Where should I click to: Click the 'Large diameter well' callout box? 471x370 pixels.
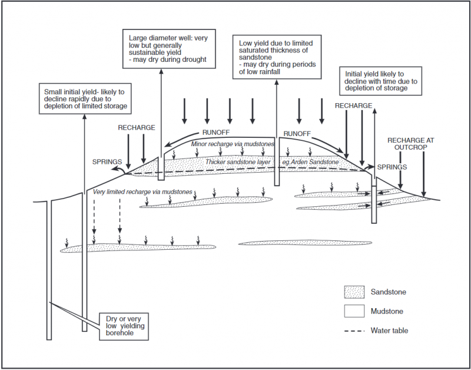click(168, 48)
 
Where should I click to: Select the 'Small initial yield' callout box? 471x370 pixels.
click(85, 99)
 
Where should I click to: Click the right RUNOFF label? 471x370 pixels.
click(297, 134)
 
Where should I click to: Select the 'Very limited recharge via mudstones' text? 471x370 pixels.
click(143, 192)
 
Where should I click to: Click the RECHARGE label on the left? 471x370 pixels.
click(136, 127)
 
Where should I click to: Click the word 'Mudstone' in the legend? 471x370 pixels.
click(387, 311)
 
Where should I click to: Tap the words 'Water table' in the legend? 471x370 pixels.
click(389, 331)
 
